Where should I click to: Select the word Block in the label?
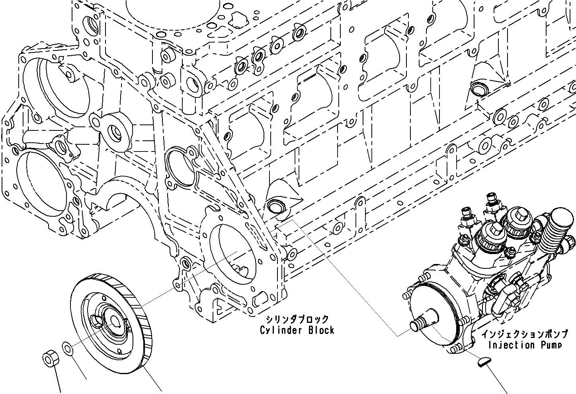coord(321,330)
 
